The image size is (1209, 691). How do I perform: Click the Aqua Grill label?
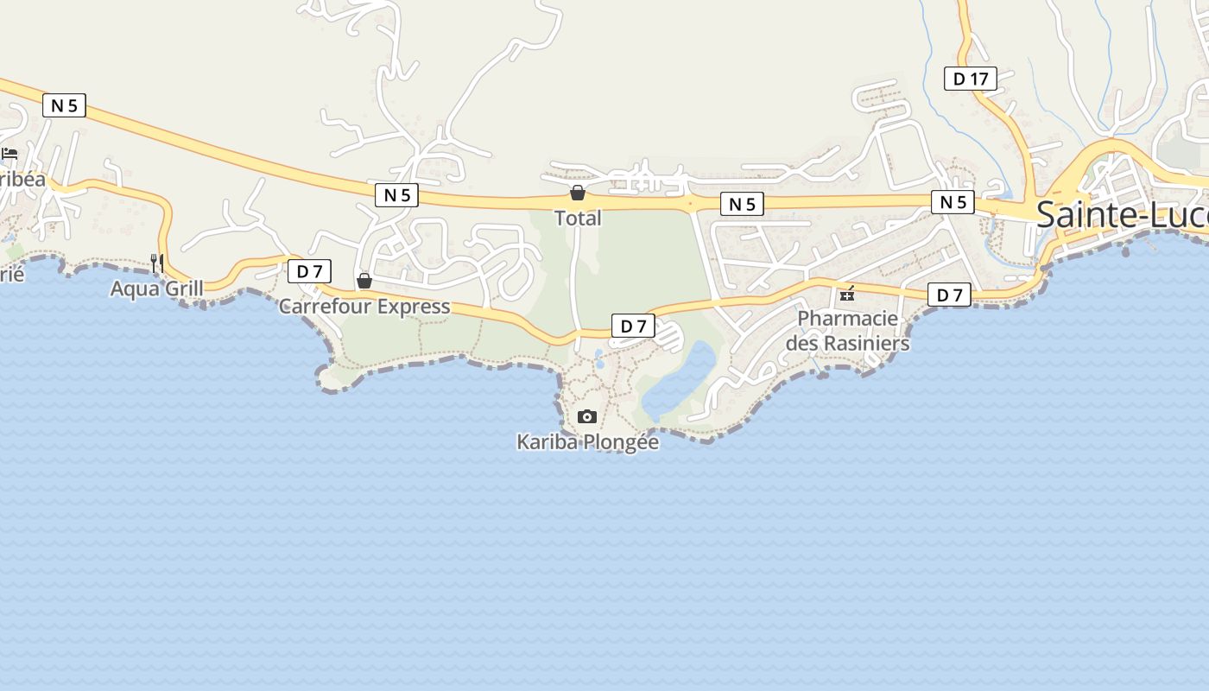[156, 288]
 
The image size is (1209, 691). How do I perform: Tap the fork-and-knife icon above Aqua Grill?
[156, 263]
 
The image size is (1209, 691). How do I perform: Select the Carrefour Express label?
[364, 307]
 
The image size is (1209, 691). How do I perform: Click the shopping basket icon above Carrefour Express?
[364, 281]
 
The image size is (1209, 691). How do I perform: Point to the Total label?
[578, 219]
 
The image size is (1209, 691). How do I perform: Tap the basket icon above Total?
[578, 193]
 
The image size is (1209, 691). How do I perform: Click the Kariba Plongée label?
[587, 442]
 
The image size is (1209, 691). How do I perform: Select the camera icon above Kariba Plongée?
[587, 417]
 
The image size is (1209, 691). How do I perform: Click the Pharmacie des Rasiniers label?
[847, 331]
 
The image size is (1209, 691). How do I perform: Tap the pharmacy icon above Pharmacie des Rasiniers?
[847, 294]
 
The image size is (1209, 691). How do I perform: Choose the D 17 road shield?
[971, 79]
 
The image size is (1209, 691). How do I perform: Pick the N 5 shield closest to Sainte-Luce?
[953, 202]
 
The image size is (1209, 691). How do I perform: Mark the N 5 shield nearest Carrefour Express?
[397, 195]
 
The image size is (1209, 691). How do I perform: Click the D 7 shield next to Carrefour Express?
[309, 271]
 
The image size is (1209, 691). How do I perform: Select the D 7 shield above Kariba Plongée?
[634, 326]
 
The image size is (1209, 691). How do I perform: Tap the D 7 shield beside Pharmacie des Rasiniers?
[949, 295]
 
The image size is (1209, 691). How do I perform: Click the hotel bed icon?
[9, 154]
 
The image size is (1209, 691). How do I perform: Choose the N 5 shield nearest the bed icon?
[64, 105]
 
